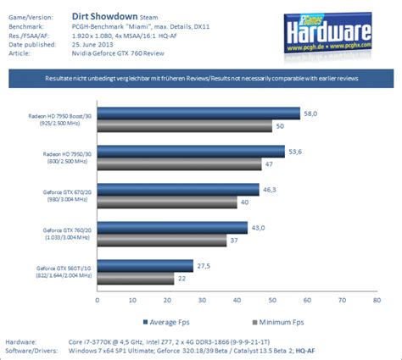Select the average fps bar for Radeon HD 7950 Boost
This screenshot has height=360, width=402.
point(198,113)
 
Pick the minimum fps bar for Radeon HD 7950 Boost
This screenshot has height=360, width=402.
point(184,125)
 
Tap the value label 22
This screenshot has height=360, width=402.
point(181,278)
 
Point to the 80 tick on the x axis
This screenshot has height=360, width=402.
point(375,298)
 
